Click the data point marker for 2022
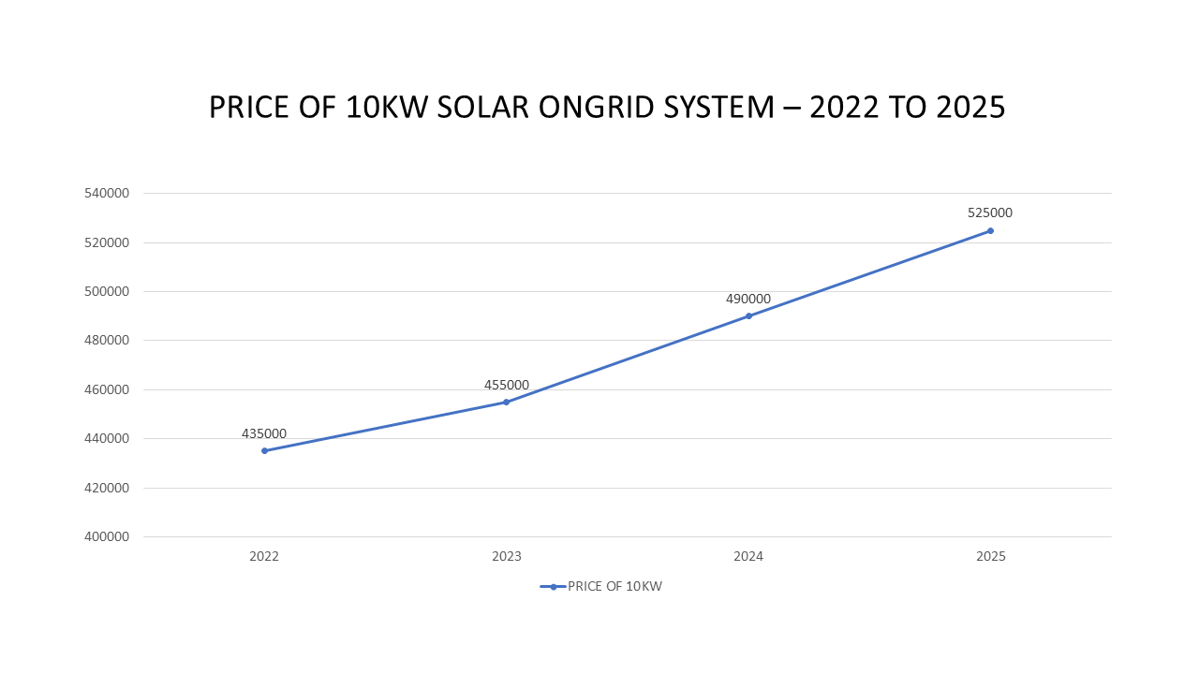(x=264, y=450)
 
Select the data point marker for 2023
(x=507, y=402)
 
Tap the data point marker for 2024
(x=748, y=315)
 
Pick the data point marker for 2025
(x=990, y=230)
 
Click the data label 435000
(x=264, y=433)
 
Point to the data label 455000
(x=507, y=385)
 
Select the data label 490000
(x=748, y=299)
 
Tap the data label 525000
(x=990, y=212)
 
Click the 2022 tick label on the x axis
(x=264, y=556)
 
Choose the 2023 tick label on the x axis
(x=507, y=556)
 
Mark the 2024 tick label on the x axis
(x=748, y=556)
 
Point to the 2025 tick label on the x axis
(x=990, y=556)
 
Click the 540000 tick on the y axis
(x=106, y=193)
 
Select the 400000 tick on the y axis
(x=106, y=536)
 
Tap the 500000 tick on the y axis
(x=106, y=291)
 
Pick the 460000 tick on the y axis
(x=106, y=389)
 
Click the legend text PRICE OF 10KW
(x=614, y=586)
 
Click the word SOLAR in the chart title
(x=485, y=108)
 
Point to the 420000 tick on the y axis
(x=106, y=488)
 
